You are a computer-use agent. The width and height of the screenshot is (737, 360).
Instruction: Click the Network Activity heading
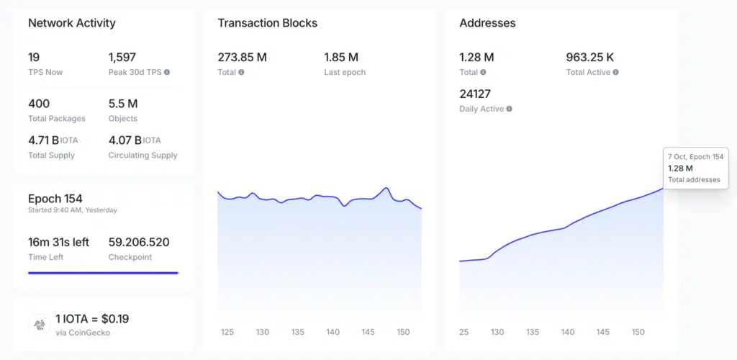point(71,23)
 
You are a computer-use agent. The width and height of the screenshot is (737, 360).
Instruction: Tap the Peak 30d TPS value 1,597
point(122,58)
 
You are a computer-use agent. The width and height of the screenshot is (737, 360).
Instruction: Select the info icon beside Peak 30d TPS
point(167,73)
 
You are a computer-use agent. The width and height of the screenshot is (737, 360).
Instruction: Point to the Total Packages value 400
point(39,104)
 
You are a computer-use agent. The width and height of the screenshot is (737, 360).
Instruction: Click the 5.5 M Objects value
point(123,104)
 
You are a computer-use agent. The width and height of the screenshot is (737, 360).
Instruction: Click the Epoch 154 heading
point(55,199)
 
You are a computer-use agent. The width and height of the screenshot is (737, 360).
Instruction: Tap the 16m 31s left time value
point(58,242)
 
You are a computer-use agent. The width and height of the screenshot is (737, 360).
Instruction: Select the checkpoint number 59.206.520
point(139,242)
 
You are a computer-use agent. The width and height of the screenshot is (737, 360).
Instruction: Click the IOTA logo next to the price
point(40,325)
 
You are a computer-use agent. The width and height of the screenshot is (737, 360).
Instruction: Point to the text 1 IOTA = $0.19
point(92,318)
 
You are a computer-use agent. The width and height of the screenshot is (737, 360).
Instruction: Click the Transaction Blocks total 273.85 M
point(242,58)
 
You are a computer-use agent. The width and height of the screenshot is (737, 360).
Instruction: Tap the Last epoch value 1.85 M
point(341,58)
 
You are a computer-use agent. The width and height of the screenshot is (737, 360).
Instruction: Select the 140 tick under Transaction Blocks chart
point(333,332)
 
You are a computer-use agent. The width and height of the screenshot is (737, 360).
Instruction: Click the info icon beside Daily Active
point(510,109)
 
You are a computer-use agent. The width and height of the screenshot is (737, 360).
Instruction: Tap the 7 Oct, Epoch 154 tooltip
point(696,168)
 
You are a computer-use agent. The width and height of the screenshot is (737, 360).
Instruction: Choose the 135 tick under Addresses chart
point(533,332)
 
